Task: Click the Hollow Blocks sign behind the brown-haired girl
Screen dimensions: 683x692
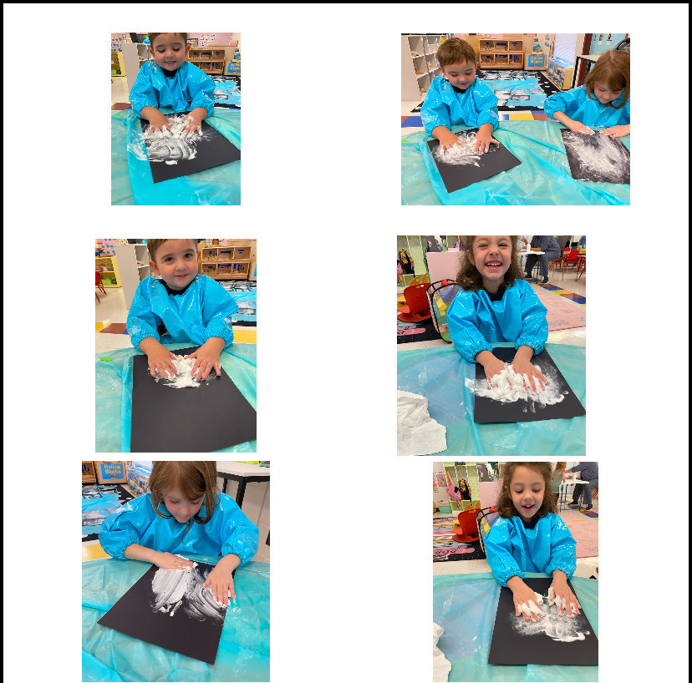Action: (x=111, y=471)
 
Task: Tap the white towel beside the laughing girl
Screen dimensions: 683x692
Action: (x=420, y=422)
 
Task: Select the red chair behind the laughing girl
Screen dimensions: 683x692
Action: (x=415, y=304)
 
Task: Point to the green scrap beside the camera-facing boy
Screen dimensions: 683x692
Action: (x=106, y=359)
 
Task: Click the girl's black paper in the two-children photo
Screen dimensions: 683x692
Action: (x=596, y=156)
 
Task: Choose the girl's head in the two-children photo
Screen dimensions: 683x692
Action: (x=609, y=73)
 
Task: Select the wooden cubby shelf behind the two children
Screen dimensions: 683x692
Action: (x=500, y=52)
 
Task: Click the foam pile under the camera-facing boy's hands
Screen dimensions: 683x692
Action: (x=181, y=371)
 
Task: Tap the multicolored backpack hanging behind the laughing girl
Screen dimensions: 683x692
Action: (x=406, y=261)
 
